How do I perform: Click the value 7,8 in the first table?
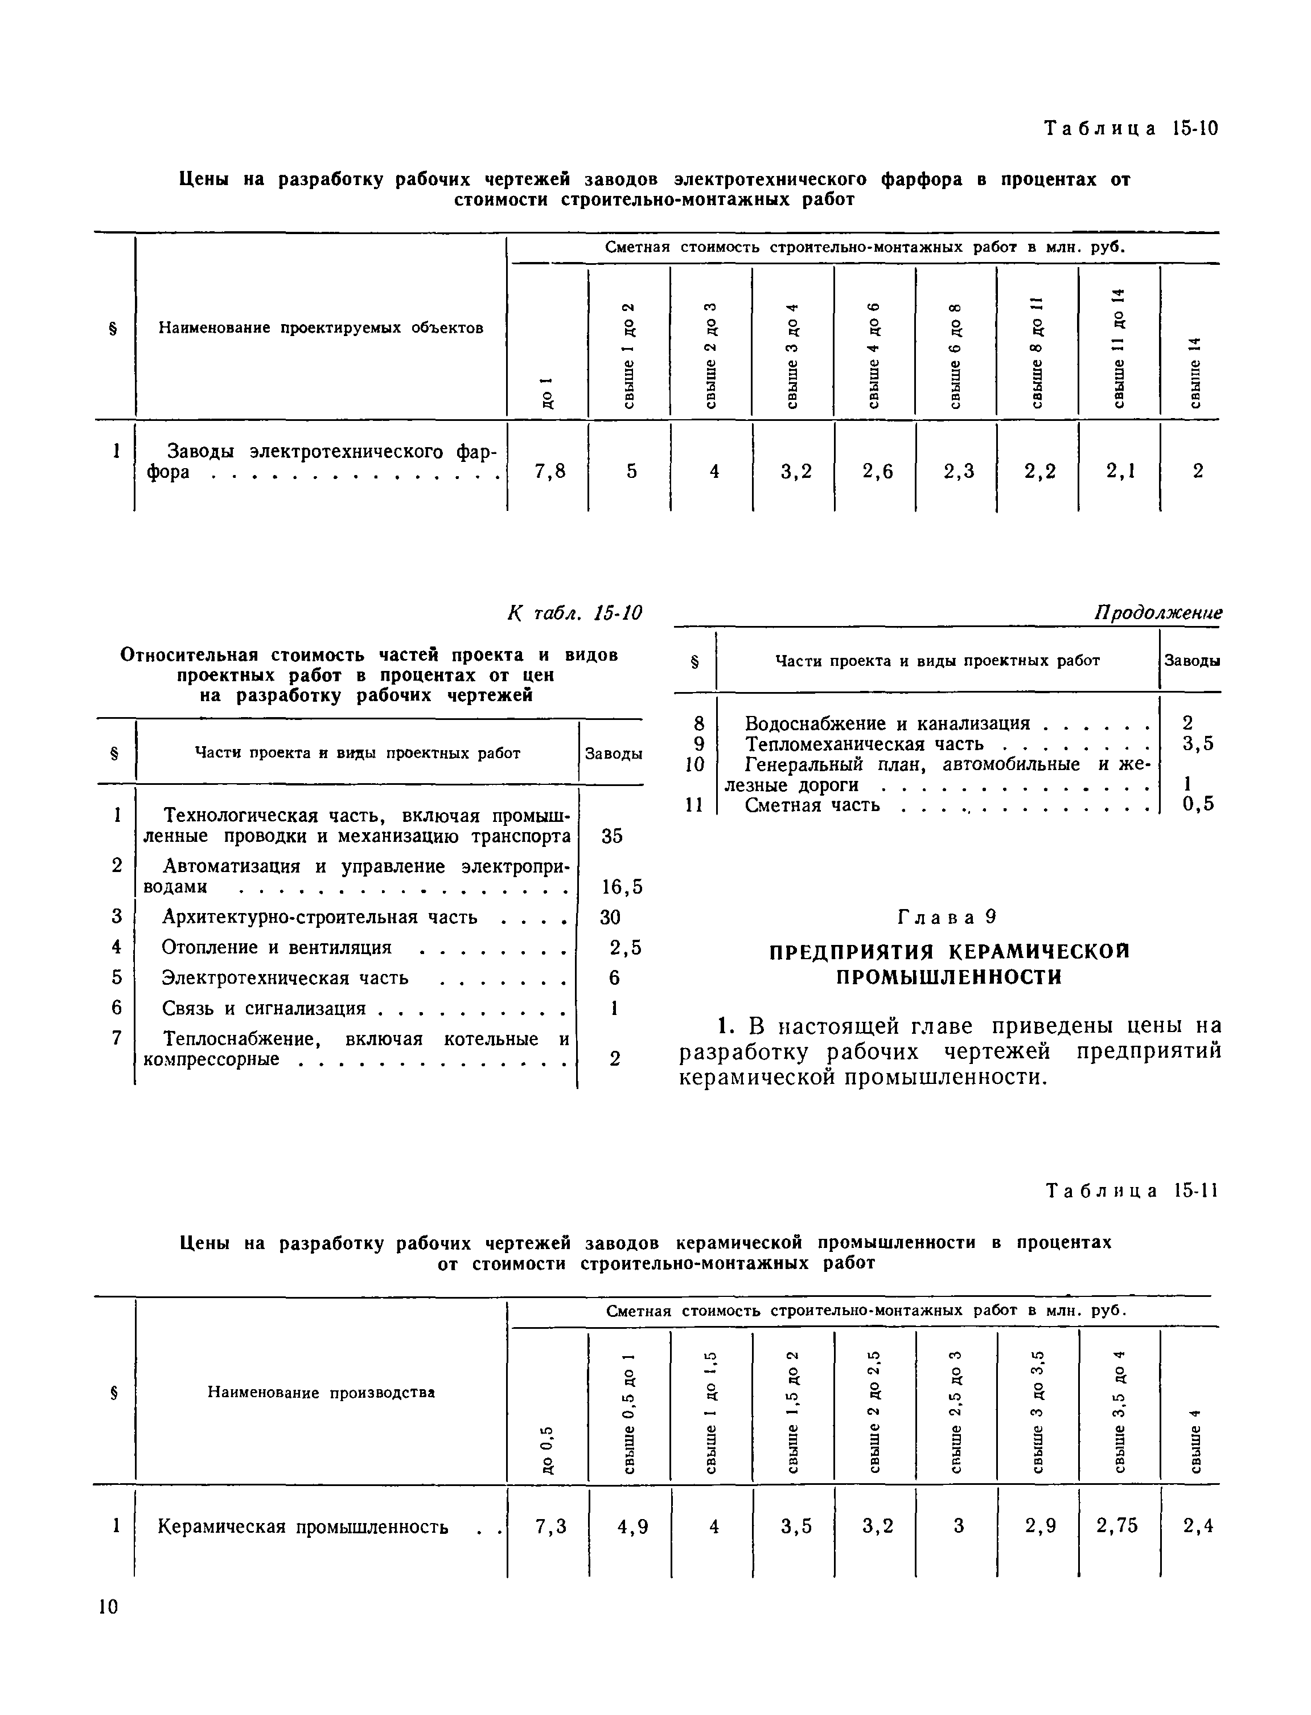pos(549,470)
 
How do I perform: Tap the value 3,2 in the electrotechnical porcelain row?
pos(796,470)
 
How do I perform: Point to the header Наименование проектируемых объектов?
pos(320,328)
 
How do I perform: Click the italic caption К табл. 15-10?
pos(574,613)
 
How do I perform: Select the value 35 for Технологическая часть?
pos(612,836)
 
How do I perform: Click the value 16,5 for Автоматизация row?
pos(622,887)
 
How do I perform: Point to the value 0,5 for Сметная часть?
pos(1198,804)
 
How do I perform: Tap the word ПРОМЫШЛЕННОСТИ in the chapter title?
pos(949,977)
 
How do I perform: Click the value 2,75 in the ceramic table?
pos(1117,1525)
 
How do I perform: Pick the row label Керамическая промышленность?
pos(303,1526)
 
